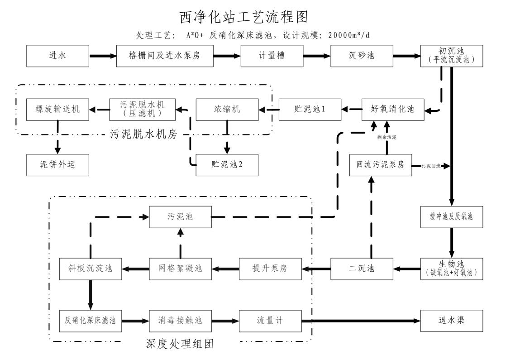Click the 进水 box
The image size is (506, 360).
pos(57,56)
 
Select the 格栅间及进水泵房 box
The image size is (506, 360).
pos(165,56)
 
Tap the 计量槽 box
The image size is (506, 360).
pos(272,56)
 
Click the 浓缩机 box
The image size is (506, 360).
pos(226,109)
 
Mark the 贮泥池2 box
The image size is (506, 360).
pos(226,165)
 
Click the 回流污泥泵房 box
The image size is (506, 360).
pos(380,165)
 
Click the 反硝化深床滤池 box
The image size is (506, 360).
pos(91,321)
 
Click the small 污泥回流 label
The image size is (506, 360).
pos(430,166)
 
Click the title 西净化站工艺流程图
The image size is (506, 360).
pos(244,17)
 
